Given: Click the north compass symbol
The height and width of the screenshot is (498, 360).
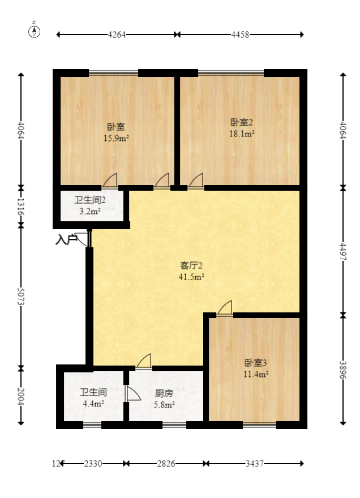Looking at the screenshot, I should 35,31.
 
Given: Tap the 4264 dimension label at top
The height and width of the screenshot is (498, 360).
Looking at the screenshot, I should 117,35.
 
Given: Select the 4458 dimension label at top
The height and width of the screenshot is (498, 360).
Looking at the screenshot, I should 240,35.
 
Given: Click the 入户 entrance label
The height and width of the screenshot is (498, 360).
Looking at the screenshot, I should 66,240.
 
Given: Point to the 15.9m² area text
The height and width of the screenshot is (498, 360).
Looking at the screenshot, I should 116,138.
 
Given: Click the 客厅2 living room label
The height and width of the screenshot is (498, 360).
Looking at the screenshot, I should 191,265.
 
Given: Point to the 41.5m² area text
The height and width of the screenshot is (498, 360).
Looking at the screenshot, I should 191,277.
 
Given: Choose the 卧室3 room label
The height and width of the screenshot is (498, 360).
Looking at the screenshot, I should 256,363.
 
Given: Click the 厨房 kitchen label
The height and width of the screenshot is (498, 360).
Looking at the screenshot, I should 164,393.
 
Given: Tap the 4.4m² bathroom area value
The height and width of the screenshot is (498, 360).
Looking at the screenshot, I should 93,403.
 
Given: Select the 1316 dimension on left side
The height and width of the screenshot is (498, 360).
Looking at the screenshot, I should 21,205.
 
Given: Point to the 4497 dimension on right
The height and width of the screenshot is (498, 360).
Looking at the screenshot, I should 343,251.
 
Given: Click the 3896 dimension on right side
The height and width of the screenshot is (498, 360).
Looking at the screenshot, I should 343,368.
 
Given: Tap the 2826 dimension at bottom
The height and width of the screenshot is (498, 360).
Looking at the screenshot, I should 166,463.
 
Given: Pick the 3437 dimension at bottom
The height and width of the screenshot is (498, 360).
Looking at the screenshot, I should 254,463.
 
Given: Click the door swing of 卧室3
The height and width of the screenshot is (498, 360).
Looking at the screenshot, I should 225,308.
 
